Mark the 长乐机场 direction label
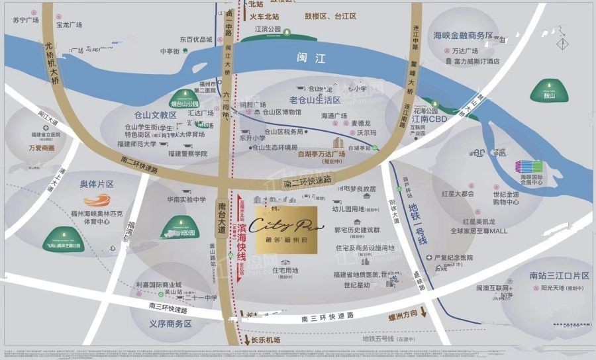point(267,339)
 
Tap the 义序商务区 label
point(170,324)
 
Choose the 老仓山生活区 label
point(315,100)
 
